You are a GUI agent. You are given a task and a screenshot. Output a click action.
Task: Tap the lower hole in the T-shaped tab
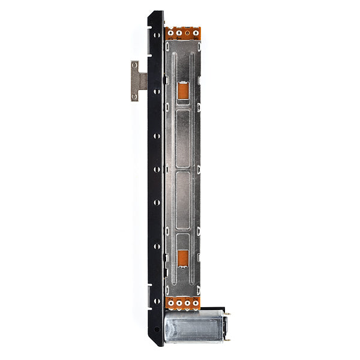click(134, 95)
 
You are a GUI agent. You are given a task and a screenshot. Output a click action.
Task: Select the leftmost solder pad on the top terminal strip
click(170, 34)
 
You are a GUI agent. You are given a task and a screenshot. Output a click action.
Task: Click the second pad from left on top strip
click(178, 34)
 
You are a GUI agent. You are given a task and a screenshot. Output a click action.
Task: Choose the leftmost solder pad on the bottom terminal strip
click(170, 304)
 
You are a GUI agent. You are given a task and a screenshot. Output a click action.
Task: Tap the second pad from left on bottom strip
click(178, 304)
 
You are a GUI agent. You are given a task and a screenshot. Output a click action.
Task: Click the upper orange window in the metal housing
click(183, 92)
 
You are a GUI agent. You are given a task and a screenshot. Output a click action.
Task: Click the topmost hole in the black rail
click(157, 35)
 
